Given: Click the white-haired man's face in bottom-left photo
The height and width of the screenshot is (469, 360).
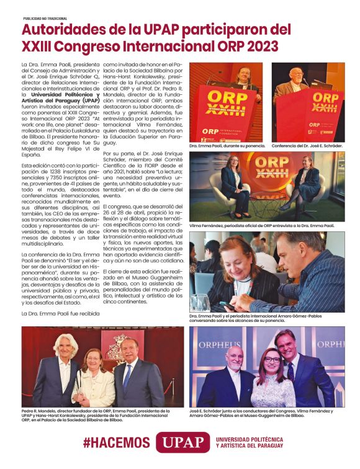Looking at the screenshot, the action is pos(62,347).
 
